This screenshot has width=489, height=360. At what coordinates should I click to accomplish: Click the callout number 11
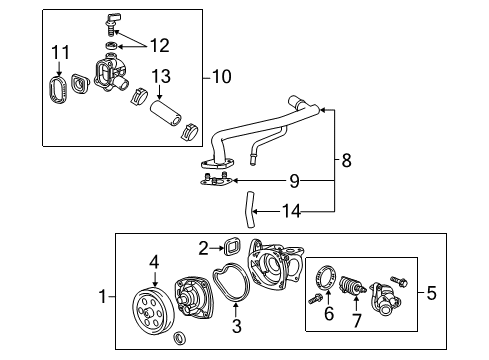coord(60,51)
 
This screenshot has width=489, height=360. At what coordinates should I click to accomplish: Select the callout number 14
coord(290,210)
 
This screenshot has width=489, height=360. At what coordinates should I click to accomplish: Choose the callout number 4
coord(155,262)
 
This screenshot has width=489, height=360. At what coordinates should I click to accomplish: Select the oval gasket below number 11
coord(56,91)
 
